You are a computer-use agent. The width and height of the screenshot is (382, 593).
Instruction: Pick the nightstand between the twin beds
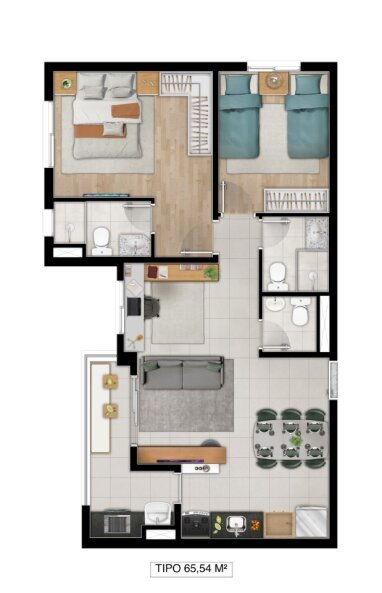tap(273, 86)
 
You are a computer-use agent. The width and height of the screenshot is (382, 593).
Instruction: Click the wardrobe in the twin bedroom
tap(295, 198)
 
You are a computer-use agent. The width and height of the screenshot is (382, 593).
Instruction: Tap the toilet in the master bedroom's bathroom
tap(100, 237)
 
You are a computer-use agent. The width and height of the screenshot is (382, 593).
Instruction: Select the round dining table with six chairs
tap(290, 437)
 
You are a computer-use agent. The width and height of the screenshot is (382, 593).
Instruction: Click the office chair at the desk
tap(150, 305)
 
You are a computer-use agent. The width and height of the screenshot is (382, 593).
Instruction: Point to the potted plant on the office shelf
tap(210, 271)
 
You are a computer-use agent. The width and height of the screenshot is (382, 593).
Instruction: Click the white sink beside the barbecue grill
tap(157, 515)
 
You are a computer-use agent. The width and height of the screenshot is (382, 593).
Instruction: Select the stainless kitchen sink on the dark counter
tap(238, 522)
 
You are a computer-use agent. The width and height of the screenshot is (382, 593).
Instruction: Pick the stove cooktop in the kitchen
tap(200, 522)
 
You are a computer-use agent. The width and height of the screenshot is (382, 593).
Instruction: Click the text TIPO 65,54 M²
tap(191, 569)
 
